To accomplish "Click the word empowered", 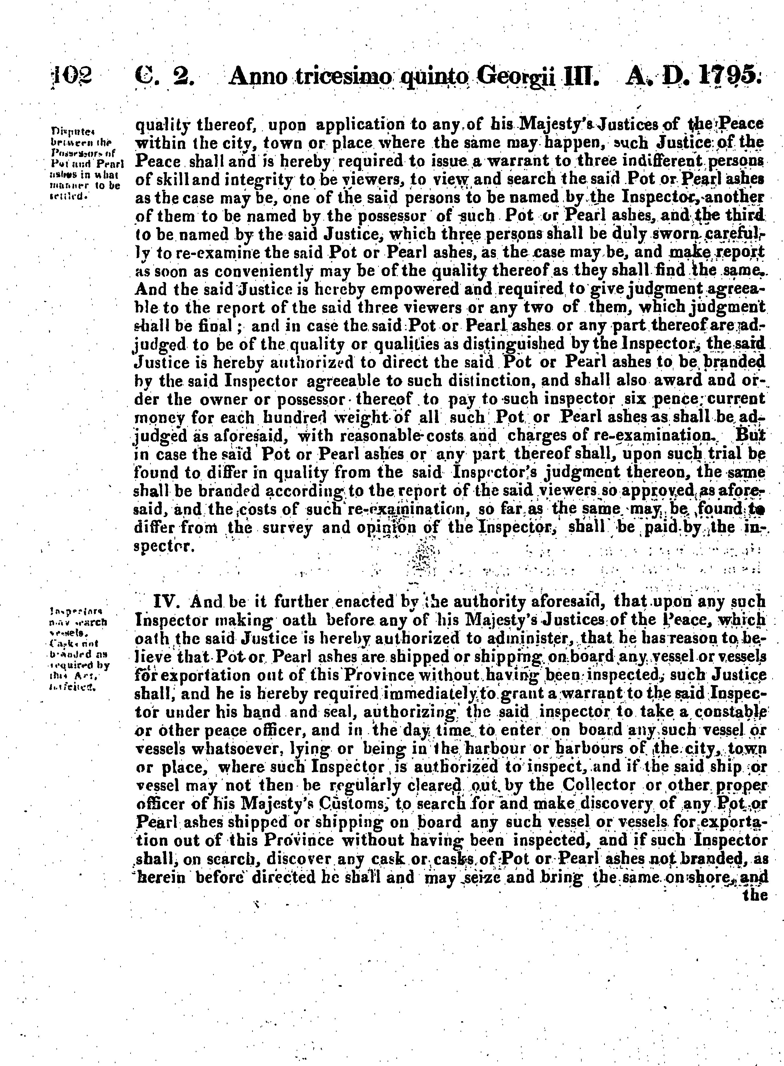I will pyautogui.click(x=379, y=289).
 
